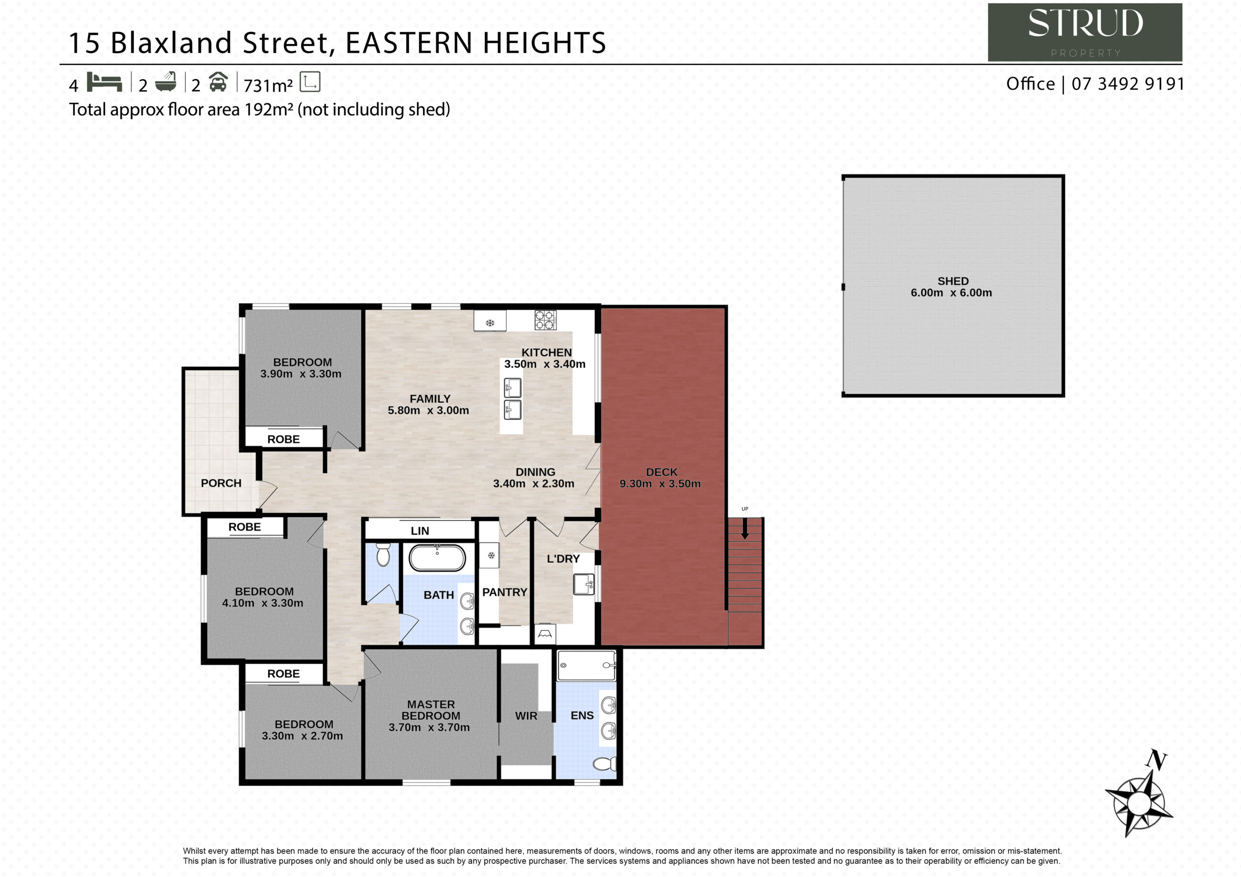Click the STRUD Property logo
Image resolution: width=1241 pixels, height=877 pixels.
(x=1085, y=32)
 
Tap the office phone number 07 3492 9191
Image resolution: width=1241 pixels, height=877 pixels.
(x=1128, y=84)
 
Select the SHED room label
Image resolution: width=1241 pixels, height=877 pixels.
(x=953, y=281)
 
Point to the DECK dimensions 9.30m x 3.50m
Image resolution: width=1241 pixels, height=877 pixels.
(x=660, y=484)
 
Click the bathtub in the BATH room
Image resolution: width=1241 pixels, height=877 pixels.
(x=437, y=558)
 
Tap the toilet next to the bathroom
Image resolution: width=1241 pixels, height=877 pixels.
(x=382, y=555)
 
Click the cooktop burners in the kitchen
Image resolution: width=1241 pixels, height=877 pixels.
(x=545, y=320)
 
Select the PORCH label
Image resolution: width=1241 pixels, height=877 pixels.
(x=221, y=483)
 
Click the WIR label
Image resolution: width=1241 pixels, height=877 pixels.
(x=526, y=716)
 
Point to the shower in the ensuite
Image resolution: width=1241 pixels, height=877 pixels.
(x=587, y=665)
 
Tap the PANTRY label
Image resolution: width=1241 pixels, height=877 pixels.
(x=504, y=592)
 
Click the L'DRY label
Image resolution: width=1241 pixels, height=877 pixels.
(x=563, y=559)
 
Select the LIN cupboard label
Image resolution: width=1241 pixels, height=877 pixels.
(x=420, y=531)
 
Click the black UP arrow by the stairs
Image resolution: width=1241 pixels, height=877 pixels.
(x=745, y=529)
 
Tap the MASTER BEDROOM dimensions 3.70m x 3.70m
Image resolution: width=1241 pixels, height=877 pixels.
(x=429, y=727)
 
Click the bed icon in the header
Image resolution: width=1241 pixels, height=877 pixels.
(x=104, y=82)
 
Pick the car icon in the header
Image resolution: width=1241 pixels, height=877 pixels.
(x=218, y=81)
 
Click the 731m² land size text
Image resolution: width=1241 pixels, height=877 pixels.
(x=268, y=85)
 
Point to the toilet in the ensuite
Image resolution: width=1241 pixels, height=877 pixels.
(x=605, y=764)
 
